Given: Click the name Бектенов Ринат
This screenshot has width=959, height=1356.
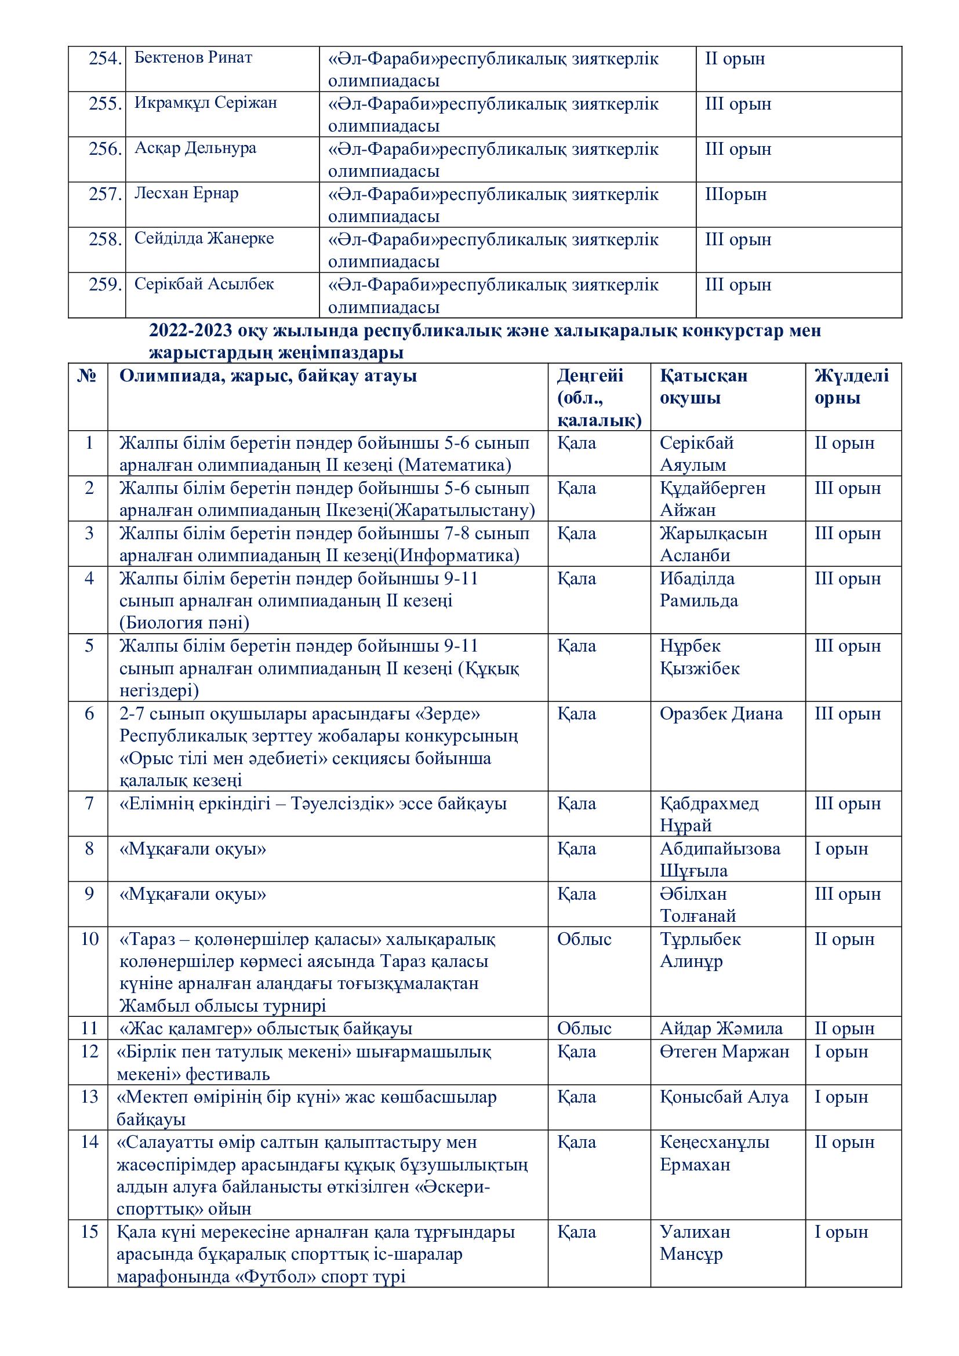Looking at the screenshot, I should (193, 58).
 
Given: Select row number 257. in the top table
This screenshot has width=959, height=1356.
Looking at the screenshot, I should (105, 194).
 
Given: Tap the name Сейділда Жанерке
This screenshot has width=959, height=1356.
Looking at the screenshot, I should (204, 239).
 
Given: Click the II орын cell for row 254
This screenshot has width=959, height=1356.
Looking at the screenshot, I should (735, 59).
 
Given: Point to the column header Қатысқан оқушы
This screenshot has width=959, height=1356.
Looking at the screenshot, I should (703, 387).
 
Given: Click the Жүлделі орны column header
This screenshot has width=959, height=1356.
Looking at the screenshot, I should (851, 387).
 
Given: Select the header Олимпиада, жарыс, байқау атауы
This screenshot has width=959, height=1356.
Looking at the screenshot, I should (268, 376).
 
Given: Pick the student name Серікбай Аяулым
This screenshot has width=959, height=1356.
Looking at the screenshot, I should (696, 453).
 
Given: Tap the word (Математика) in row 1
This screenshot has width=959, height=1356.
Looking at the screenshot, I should (455, 466).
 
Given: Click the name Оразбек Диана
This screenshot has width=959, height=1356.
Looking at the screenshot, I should (721, 714).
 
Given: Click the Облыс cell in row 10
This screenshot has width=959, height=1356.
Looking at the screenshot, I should (584, 939).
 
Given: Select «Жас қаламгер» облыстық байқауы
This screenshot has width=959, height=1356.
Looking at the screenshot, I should (265, 1028).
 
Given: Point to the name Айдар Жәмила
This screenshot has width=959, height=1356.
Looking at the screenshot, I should (721, 1028).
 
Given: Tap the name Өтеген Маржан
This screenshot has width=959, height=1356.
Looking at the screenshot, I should (725, 1051).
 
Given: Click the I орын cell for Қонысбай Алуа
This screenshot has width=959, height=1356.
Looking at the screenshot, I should (841, 1097).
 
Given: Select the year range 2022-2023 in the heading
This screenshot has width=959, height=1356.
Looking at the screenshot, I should (190, 330).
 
